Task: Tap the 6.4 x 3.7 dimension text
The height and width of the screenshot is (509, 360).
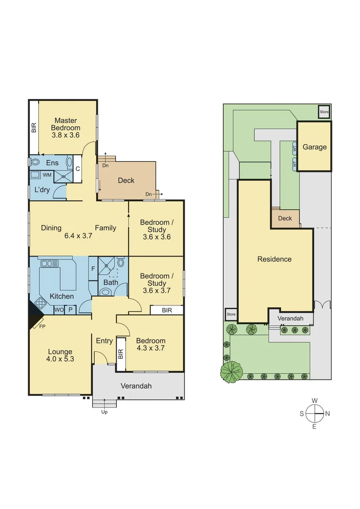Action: pos(78,236)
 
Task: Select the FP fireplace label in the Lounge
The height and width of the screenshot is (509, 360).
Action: pos(42,326)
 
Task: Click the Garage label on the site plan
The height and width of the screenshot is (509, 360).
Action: pos(314,147)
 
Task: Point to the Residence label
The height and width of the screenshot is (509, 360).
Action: pos(274,259)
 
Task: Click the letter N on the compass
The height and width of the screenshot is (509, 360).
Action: pos(327,414)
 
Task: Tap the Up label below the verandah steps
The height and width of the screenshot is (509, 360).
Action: pos(105,412)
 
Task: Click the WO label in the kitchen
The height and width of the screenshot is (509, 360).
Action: pos(58,310)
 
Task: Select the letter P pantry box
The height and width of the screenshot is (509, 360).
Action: pos(70,310)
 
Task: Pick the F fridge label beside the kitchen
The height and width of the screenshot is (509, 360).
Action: pos(93,269)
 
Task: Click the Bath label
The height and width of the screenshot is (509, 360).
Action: pos(111,283)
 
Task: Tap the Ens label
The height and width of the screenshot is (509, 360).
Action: pos(52,163)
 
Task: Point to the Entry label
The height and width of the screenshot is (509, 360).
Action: pos(104,341)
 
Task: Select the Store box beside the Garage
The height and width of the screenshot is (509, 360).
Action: pos(324,112)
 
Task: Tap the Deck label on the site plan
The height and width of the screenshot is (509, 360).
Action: pos(285,218)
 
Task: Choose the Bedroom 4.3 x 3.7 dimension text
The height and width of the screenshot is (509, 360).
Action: pos(151,348)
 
